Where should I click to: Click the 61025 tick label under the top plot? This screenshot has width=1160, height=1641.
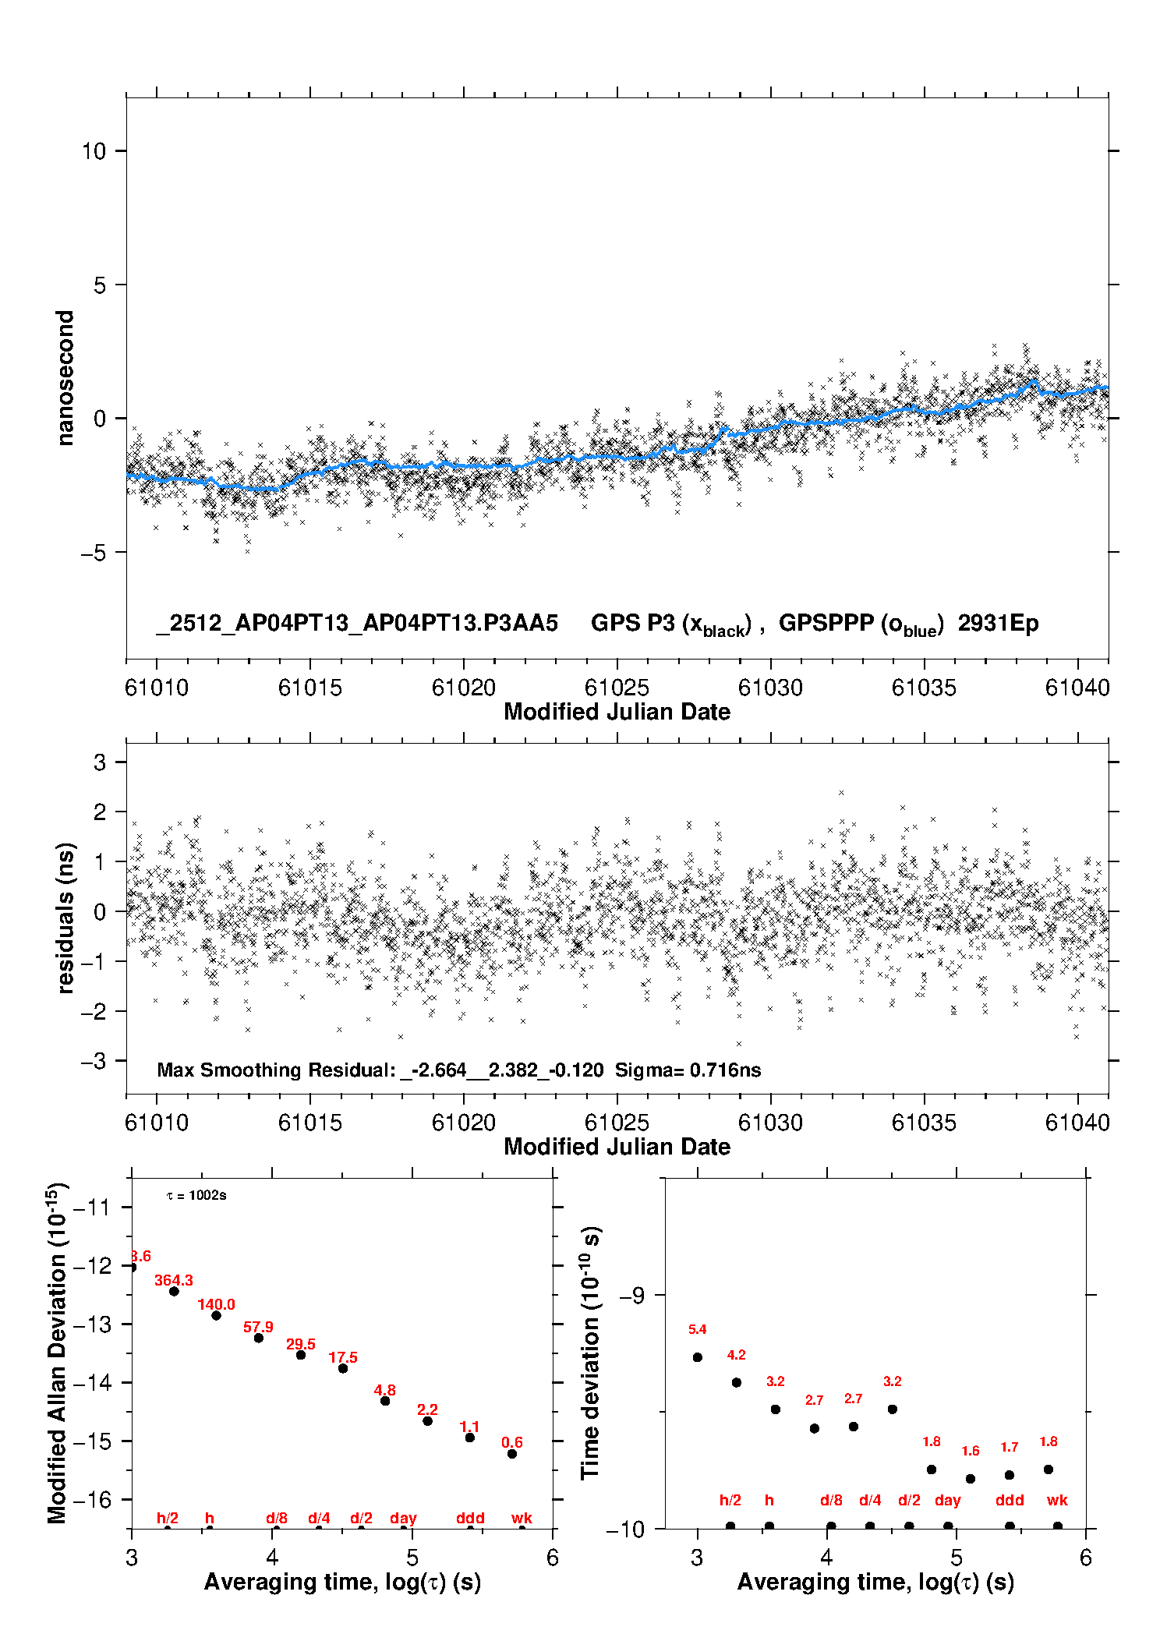point(616,688)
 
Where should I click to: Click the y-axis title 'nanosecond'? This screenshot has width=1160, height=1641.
point(65,378)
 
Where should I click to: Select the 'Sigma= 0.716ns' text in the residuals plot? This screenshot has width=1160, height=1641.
point(688,1070)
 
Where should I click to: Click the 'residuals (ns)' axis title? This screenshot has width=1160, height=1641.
point(65,918)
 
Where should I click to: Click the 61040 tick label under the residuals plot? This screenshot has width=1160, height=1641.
point(1077,1123)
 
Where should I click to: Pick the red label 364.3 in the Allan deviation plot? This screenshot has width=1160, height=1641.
point(173,1280)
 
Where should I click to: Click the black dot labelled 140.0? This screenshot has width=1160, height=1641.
point(216,1315)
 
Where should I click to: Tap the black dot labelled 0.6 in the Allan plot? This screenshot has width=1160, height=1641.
point(512,1453)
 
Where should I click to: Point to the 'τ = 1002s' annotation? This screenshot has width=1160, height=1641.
point(196,1195)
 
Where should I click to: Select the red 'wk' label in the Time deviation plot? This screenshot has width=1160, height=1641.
point(1057,1500)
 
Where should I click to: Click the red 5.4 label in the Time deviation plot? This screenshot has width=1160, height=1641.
point(697,1329)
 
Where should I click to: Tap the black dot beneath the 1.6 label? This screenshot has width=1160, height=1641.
point(971,1478)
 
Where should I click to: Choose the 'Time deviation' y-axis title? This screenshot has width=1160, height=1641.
point(590,1353)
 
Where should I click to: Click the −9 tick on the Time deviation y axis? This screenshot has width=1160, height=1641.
point(631,1295)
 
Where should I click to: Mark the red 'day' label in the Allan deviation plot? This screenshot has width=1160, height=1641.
point(403,1518)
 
